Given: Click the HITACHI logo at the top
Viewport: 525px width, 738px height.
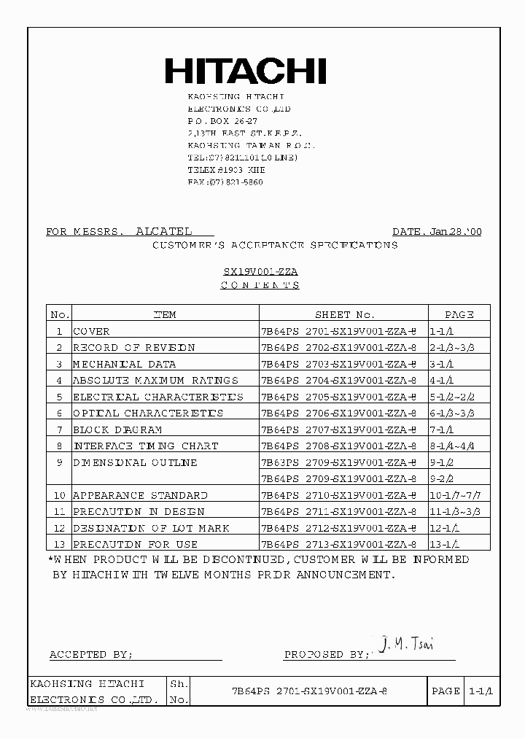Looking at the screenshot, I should point(245,71).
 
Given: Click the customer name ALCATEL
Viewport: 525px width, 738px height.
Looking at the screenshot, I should point(164,231).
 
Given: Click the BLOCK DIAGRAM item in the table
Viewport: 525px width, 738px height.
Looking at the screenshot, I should point(117,430).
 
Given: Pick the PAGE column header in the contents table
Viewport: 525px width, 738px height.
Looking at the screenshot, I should point(459,314).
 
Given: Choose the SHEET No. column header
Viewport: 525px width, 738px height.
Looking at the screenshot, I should point(344,314).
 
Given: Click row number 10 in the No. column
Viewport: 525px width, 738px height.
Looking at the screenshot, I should point(59,495).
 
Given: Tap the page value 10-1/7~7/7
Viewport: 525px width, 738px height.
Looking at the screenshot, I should point(458,495).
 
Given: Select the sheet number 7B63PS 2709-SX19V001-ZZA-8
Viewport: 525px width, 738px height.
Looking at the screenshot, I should point(338,462).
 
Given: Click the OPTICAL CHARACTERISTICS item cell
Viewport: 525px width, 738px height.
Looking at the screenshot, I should point(148,413).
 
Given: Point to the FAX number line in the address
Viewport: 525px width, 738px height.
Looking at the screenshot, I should point(225,182).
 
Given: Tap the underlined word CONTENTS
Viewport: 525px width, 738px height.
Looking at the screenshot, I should point(260,285).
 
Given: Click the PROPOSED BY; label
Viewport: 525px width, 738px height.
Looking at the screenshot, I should point(326,655).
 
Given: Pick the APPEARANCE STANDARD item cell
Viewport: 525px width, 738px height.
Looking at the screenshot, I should point(140,495).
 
